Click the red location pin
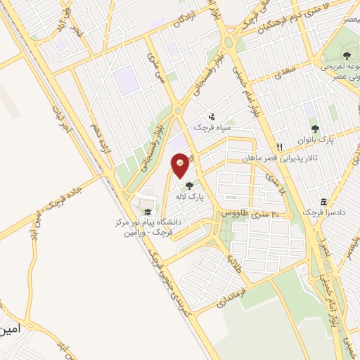point(181,165)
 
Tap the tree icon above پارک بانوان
point(314,128)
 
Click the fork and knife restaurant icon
point(280,147)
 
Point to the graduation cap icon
point(147,212)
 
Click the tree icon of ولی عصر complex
point(346,54)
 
